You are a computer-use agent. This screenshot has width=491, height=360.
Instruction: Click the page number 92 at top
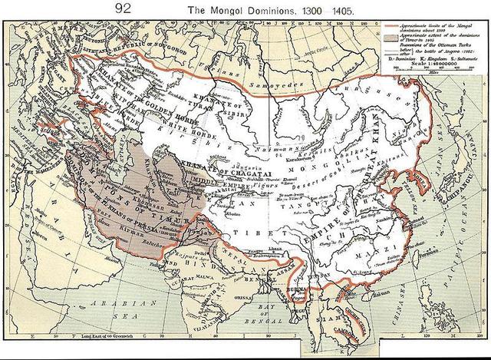[x=124, y=8]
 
